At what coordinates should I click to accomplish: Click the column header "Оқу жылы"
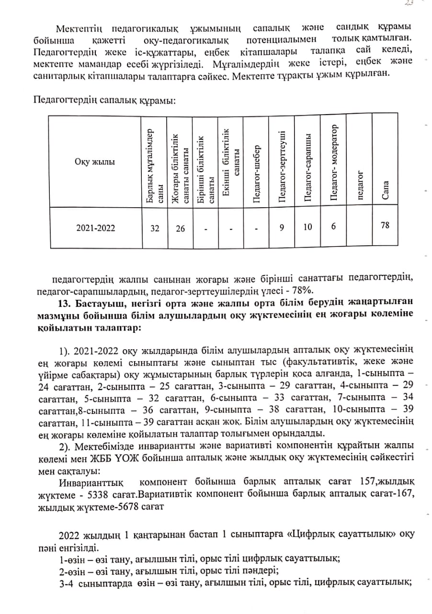tap(95, 161)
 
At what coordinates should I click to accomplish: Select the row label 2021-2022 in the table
tap(96, 228)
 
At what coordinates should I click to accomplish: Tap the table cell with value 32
tap(155, 228)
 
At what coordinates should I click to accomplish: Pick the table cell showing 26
tap(180, 228)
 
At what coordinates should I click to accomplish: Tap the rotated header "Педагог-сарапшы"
tap(308, 167)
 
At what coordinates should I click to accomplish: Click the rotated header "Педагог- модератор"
tap(334, 163)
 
